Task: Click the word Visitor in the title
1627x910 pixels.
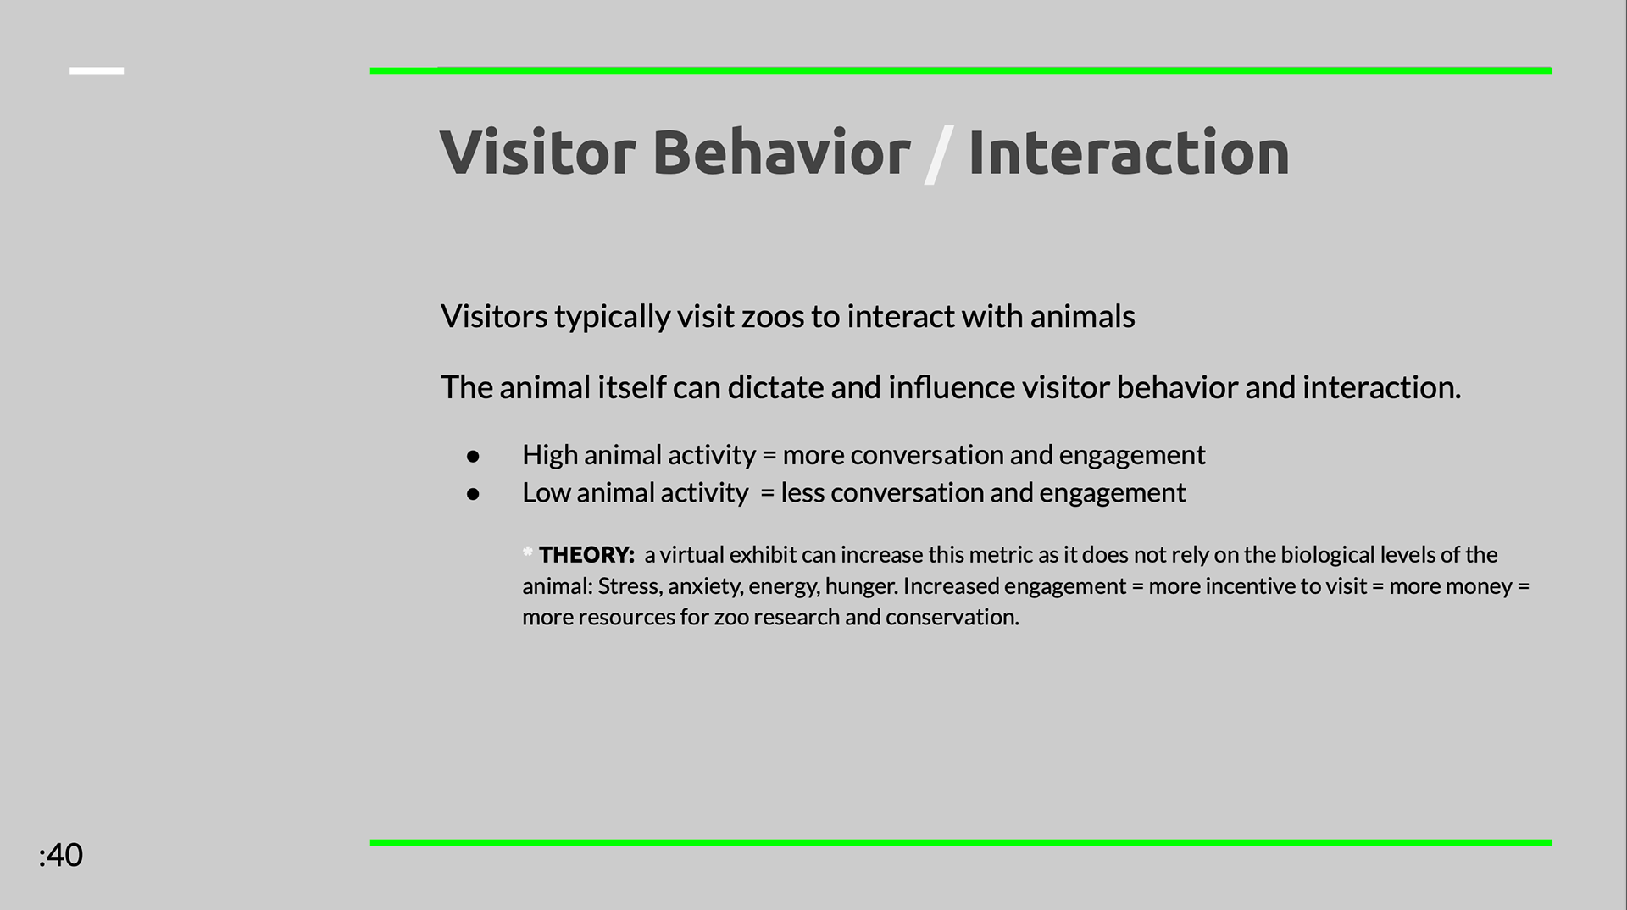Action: click(x=537, y=153)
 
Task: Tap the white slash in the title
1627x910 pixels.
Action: click(x=939, y=154)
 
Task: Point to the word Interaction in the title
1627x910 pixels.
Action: click(x=1129, y=153)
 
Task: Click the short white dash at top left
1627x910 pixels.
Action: click(x=97, y=70)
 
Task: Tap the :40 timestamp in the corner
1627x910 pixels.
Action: click(x=60, y=855)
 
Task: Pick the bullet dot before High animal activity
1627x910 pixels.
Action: click(x=473, y=457)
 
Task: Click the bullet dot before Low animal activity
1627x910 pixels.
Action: click(x=473, y=494)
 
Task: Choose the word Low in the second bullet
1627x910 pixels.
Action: click(x=546, y=492)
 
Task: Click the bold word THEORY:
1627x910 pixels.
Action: click(x=586, y=555)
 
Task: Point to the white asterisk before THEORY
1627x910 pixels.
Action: click(x=528, y=552)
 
